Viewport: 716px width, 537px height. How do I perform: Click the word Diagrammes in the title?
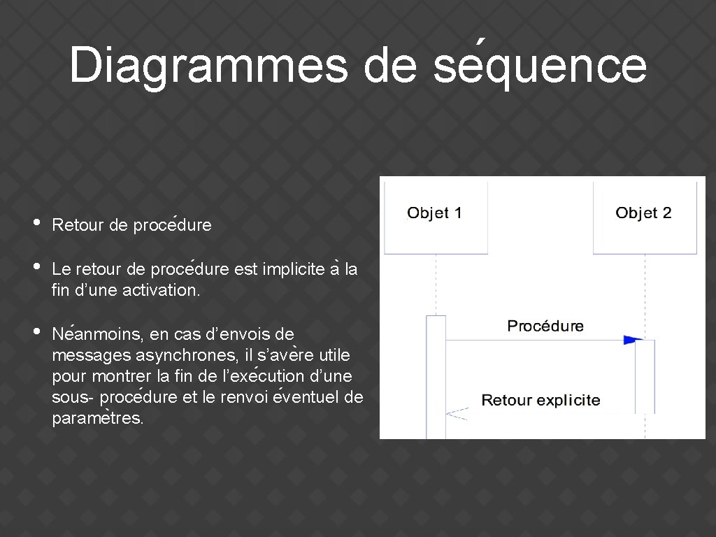pyautogui.click(x=208, y=66)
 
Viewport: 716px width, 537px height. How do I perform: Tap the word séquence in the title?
pyautogui.click(x=540, y=66)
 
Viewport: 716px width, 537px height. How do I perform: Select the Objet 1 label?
pyautogui.click(x=434, y=213)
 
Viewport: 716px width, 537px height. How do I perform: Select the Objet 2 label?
pyautogui.click(x=643, y=213)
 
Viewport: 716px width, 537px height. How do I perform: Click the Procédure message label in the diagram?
pyautogui.click(x=545, y=326)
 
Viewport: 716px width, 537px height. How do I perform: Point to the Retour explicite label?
pyautogui.click(x=540, y=401)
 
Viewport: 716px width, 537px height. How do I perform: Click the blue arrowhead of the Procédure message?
pyautogui.click(x=633, y=340)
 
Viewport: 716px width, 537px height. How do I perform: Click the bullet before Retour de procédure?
pyautogui.click(x=37, y=224)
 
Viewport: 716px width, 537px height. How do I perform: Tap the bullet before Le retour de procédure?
pyautogui.click(x=37, y=267)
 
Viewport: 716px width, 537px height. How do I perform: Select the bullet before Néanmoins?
pyautogui.click(x=37, y=332)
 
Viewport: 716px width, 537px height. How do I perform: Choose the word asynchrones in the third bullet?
pyautogui.click(x=171, y=355)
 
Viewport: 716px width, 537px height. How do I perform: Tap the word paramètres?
pyautogui.click(x=97, y=420)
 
